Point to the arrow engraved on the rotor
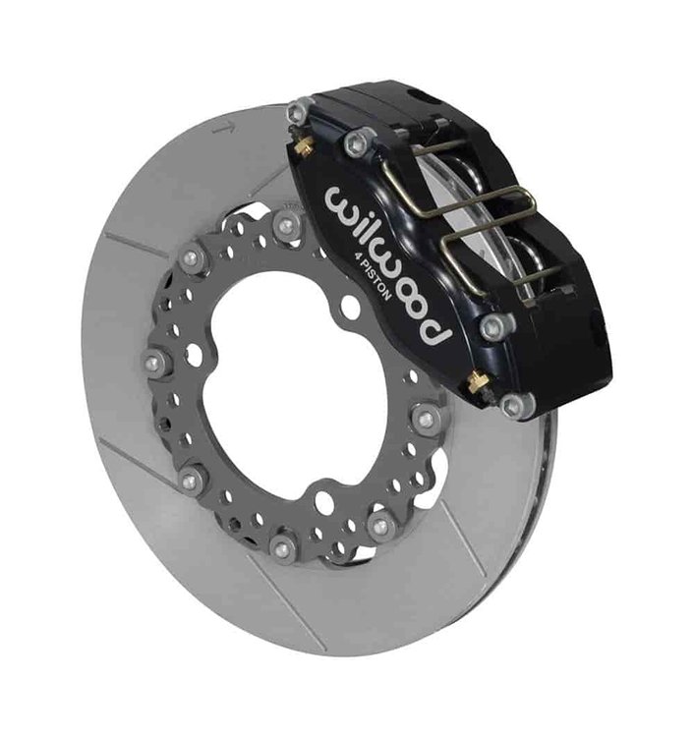(224, 127)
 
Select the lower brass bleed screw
(479, 380)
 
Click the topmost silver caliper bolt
(297, 112)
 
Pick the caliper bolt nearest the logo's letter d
(495, 325)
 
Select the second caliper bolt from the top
(358, 142)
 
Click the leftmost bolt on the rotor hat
(154, 364)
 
